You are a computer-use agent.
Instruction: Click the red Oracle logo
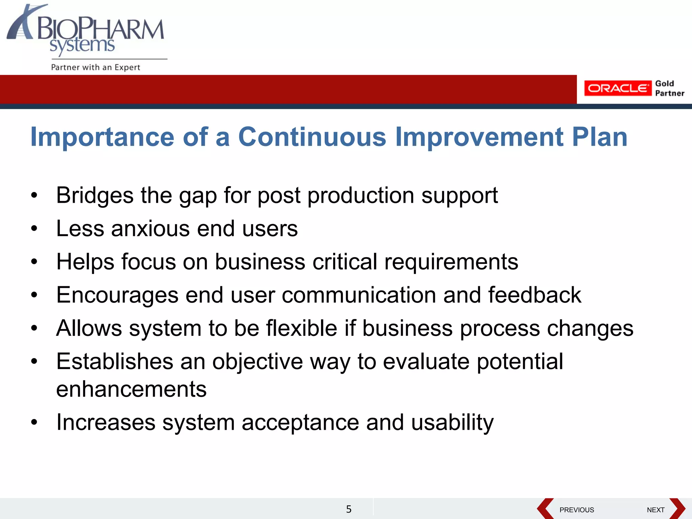click(617, 88)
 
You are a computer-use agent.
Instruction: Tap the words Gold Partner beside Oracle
click(669, 89)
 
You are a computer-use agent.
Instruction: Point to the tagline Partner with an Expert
click(96, 67)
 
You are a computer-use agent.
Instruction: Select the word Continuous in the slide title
click(312, 137)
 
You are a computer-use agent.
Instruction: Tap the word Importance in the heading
click(102, 137)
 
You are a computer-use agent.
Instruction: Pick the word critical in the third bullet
click(345, 262)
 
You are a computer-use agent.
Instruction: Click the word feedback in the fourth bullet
click(534, 295)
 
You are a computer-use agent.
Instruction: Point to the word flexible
click(301, 328)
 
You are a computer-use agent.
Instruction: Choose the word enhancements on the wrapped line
click(131, 389)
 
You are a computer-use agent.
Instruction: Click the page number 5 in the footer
click(349, 509)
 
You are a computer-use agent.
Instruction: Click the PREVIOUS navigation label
click(576, 510)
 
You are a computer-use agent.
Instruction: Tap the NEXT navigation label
click(656, 510)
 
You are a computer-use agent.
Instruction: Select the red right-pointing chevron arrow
click(678, 508)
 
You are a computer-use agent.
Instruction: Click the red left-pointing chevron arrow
click(545, 508)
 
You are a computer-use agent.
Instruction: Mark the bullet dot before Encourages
click(34, 295)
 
